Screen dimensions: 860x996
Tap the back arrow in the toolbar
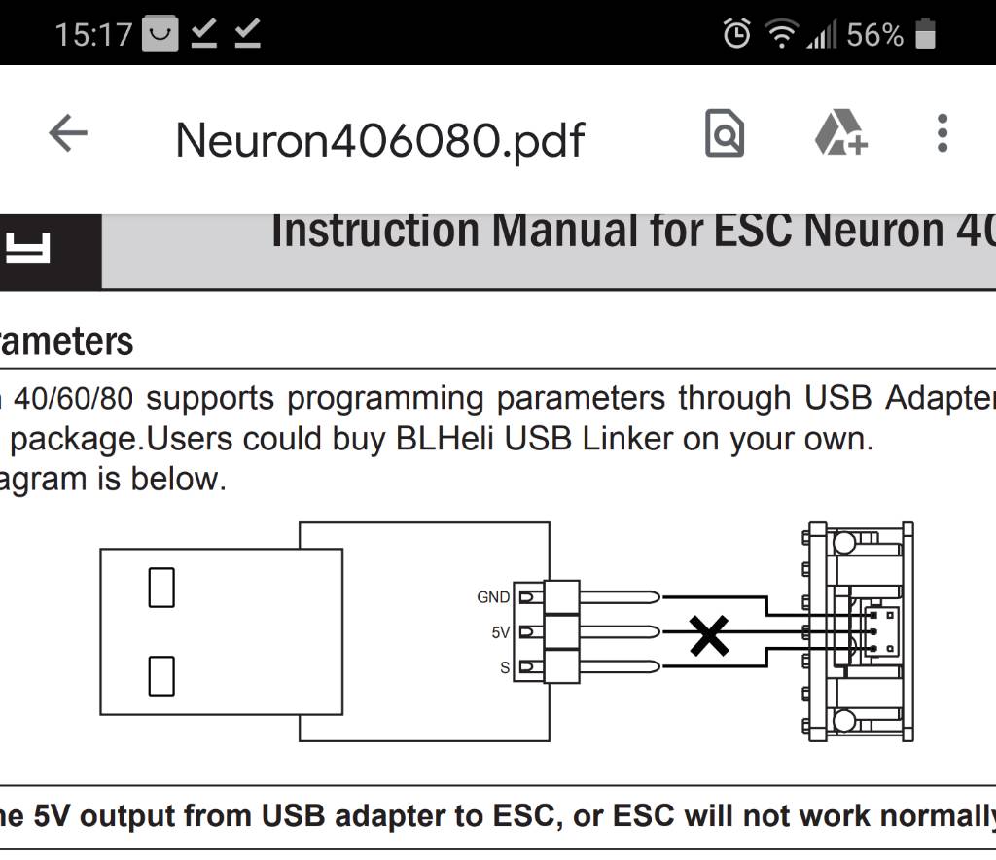pos(68,133)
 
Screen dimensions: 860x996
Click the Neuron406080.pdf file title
pos(379,141)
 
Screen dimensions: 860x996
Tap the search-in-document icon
pos(724,133)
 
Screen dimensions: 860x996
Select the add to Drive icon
pos(839,133)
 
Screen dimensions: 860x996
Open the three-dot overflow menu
pos(942,133)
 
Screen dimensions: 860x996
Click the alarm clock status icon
pos(736,36)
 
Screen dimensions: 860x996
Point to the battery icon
pos(925,36)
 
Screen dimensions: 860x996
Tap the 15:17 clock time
pos(93,36)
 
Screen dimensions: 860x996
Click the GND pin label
pos(493,597)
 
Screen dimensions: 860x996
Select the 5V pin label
pos(500,632)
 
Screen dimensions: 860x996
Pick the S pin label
pos(505,667)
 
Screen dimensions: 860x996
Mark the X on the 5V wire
pos(709,635)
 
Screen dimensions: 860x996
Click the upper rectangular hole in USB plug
pos(161,588)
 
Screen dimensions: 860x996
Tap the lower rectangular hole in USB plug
pos(161,675)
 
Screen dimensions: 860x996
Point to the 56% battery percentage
pos(874,36)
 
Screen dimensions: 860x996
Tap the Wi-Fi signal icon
pos(780,36)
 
